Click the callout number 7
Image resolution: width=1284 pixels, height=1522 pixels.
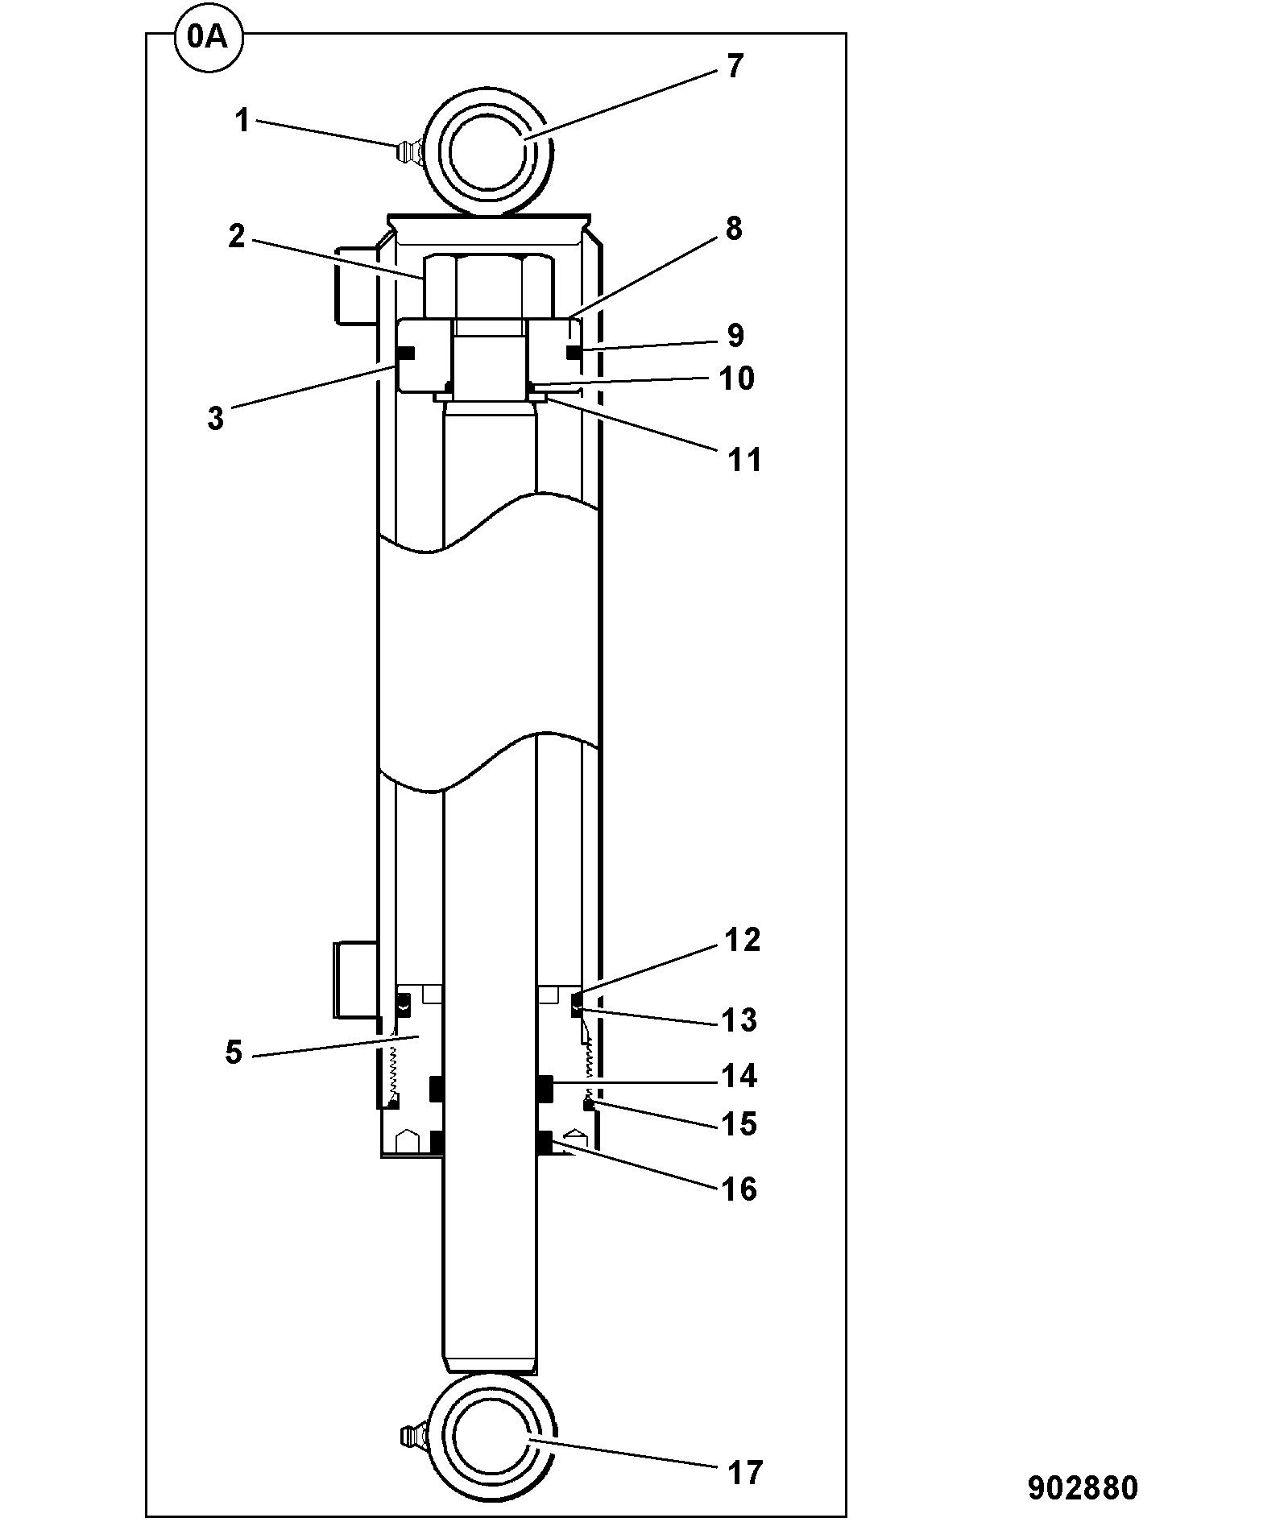coord(734,66)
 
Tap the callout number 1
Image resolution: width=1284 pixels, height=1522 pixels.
coord(242,121)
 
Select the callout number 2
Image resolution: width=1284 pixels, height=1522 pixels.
coord(236,237)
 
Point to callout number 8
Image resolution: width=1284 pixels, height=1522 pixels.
coord(733,229)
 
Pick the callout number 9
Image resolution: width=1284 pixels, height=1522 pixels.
coord(735,335)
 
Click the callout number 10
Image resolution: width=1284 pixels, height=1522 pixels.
coord(736,378)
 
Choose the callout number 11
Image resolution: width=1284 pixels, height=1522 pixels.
coord(744,460)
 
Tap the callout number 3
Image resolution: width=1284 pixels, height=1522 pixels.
coord(215,419)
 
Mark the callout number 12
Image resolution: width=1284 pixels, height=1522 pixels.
coord(742,940)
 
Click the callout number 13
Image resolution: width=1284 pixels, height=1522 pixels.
coord(739,1019)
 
